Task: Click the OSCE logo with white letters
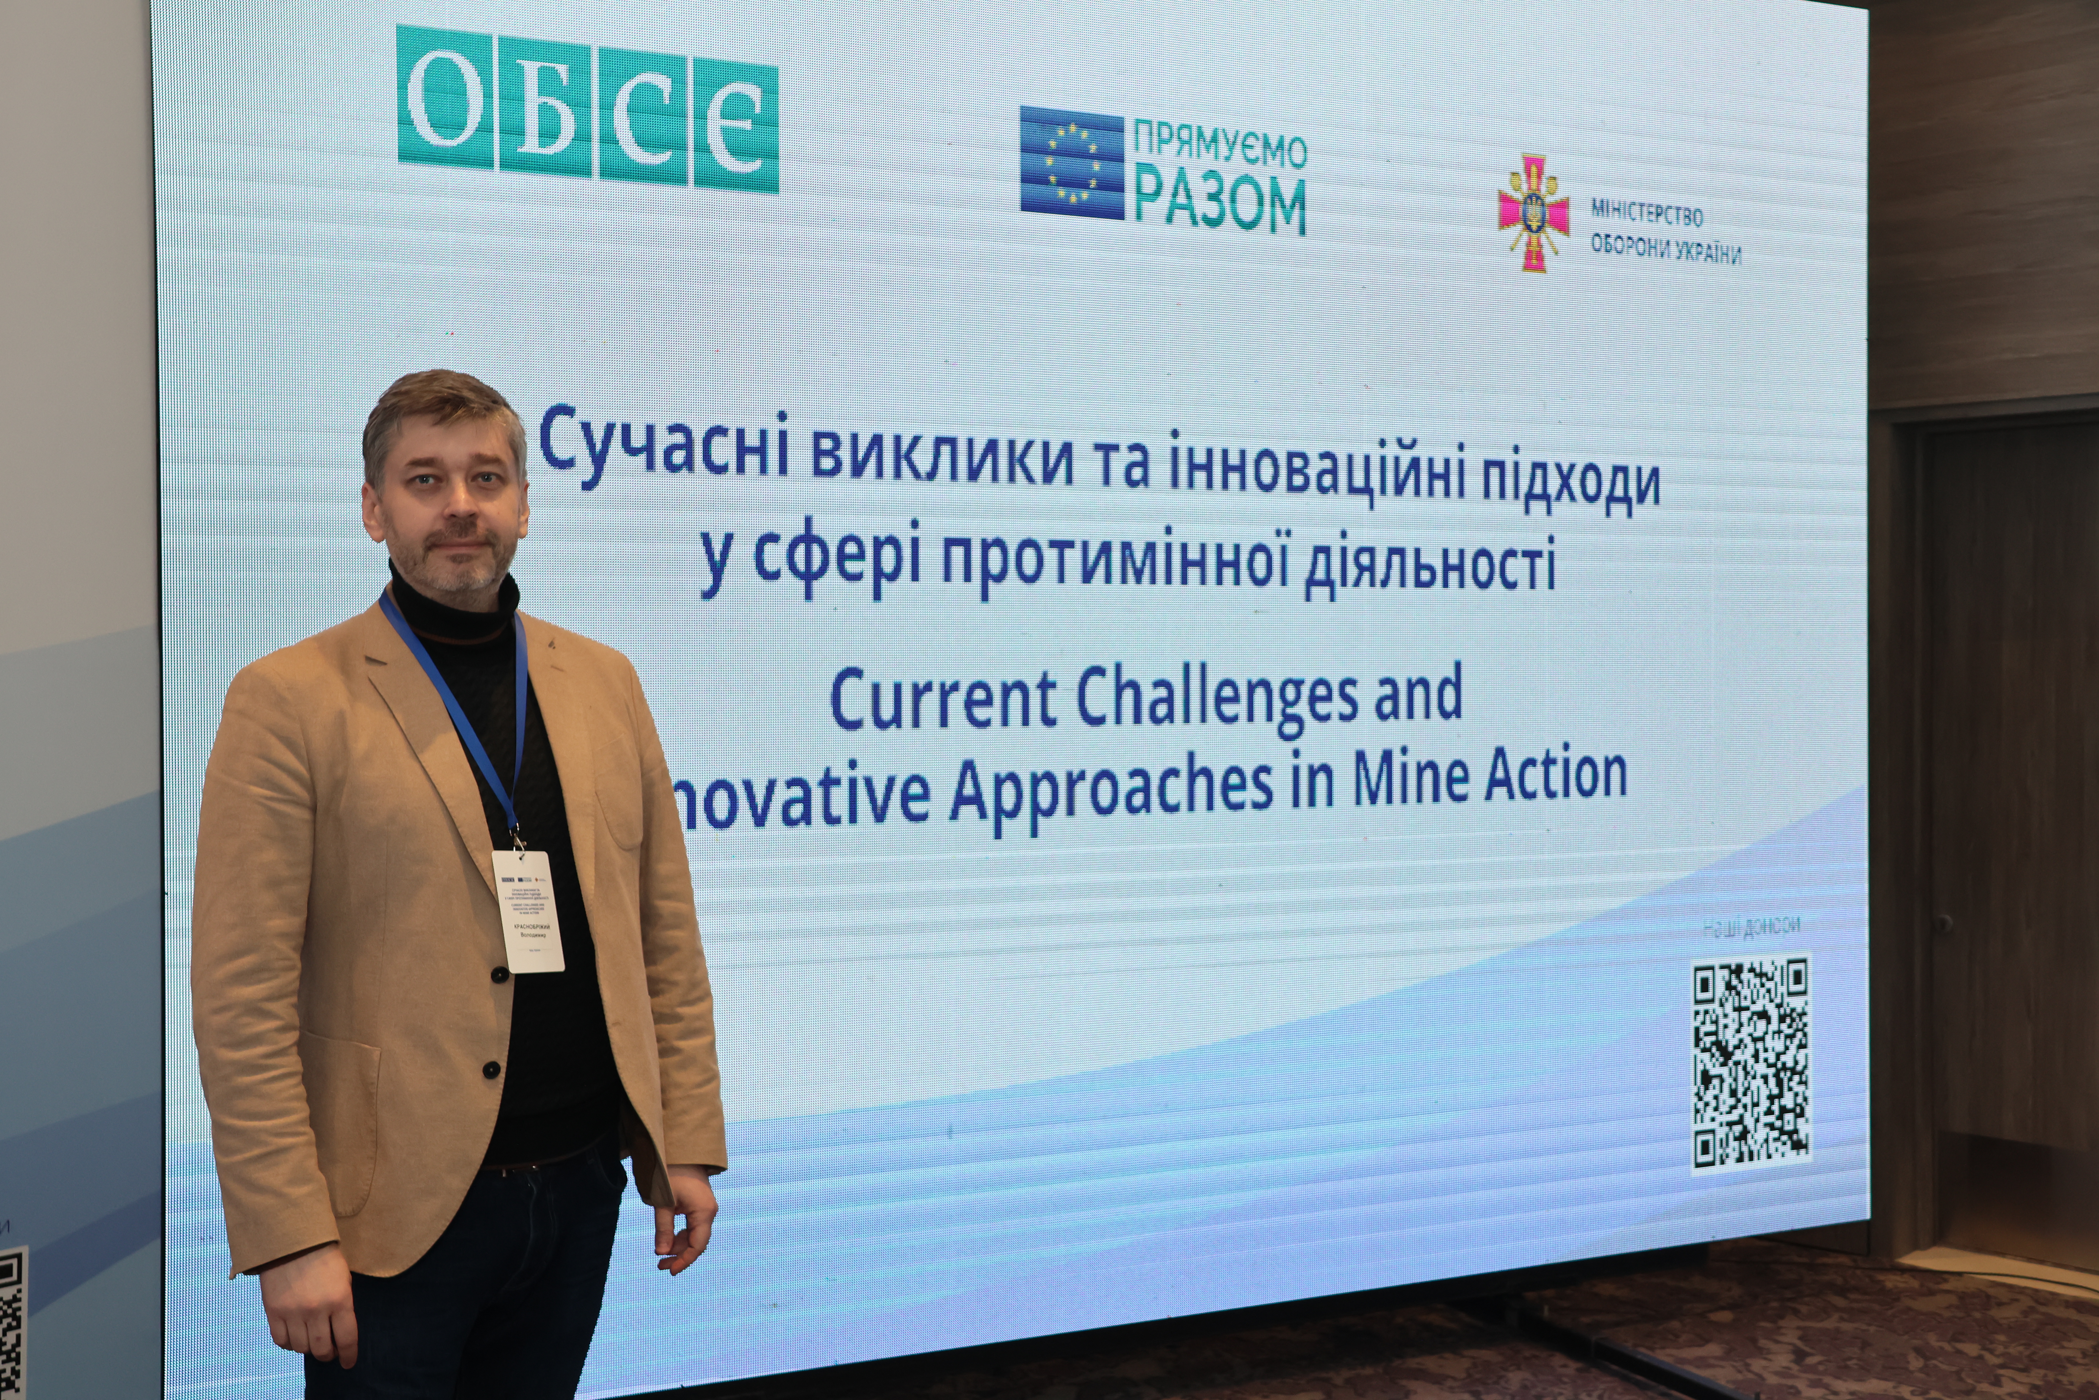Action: tap(587, 109)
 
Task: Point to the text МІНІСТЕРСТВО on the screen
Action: tap(1647, 214)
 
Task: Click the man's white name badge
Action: tap(528, 911)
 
